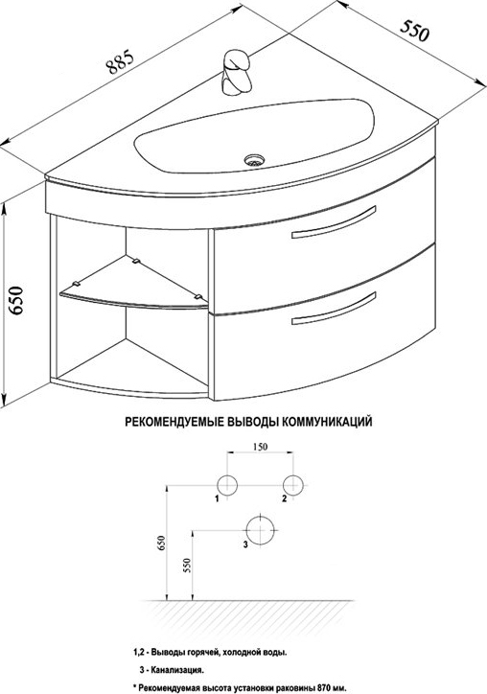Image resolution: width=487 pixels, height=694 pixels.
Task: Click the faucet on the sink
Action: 238,72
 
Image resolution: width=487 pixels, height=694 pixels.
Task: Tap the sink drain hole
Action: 254,160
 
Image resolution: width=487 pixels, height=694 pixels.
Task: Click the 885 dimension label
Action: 120,62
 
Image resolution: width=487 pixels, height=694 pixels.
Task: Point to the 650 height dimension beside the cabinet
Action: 16,300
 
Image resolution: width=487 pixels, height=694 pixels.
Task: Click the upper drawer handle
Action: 334,222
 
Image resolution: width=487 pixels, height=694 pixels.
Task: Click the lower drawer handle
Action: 334,309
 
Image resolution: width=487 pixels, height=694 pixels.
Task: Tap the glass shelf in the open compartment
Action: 134,285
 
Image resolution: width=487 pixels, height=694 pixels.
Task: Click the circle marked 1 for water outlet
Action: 227,485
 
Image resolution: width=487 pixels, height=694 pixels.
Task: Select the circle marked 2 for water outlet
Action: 293,485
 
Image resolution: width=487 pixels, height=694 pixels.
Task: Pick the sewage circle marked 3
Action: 261,530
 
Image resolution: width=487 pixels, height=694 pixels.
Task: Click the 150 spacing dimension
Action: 261,447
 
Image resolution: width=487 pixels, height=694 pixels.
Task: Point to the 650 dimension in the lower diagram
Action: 162,544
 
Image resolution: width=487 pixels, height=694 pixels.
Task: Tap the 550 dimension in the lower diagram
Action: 186,567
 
